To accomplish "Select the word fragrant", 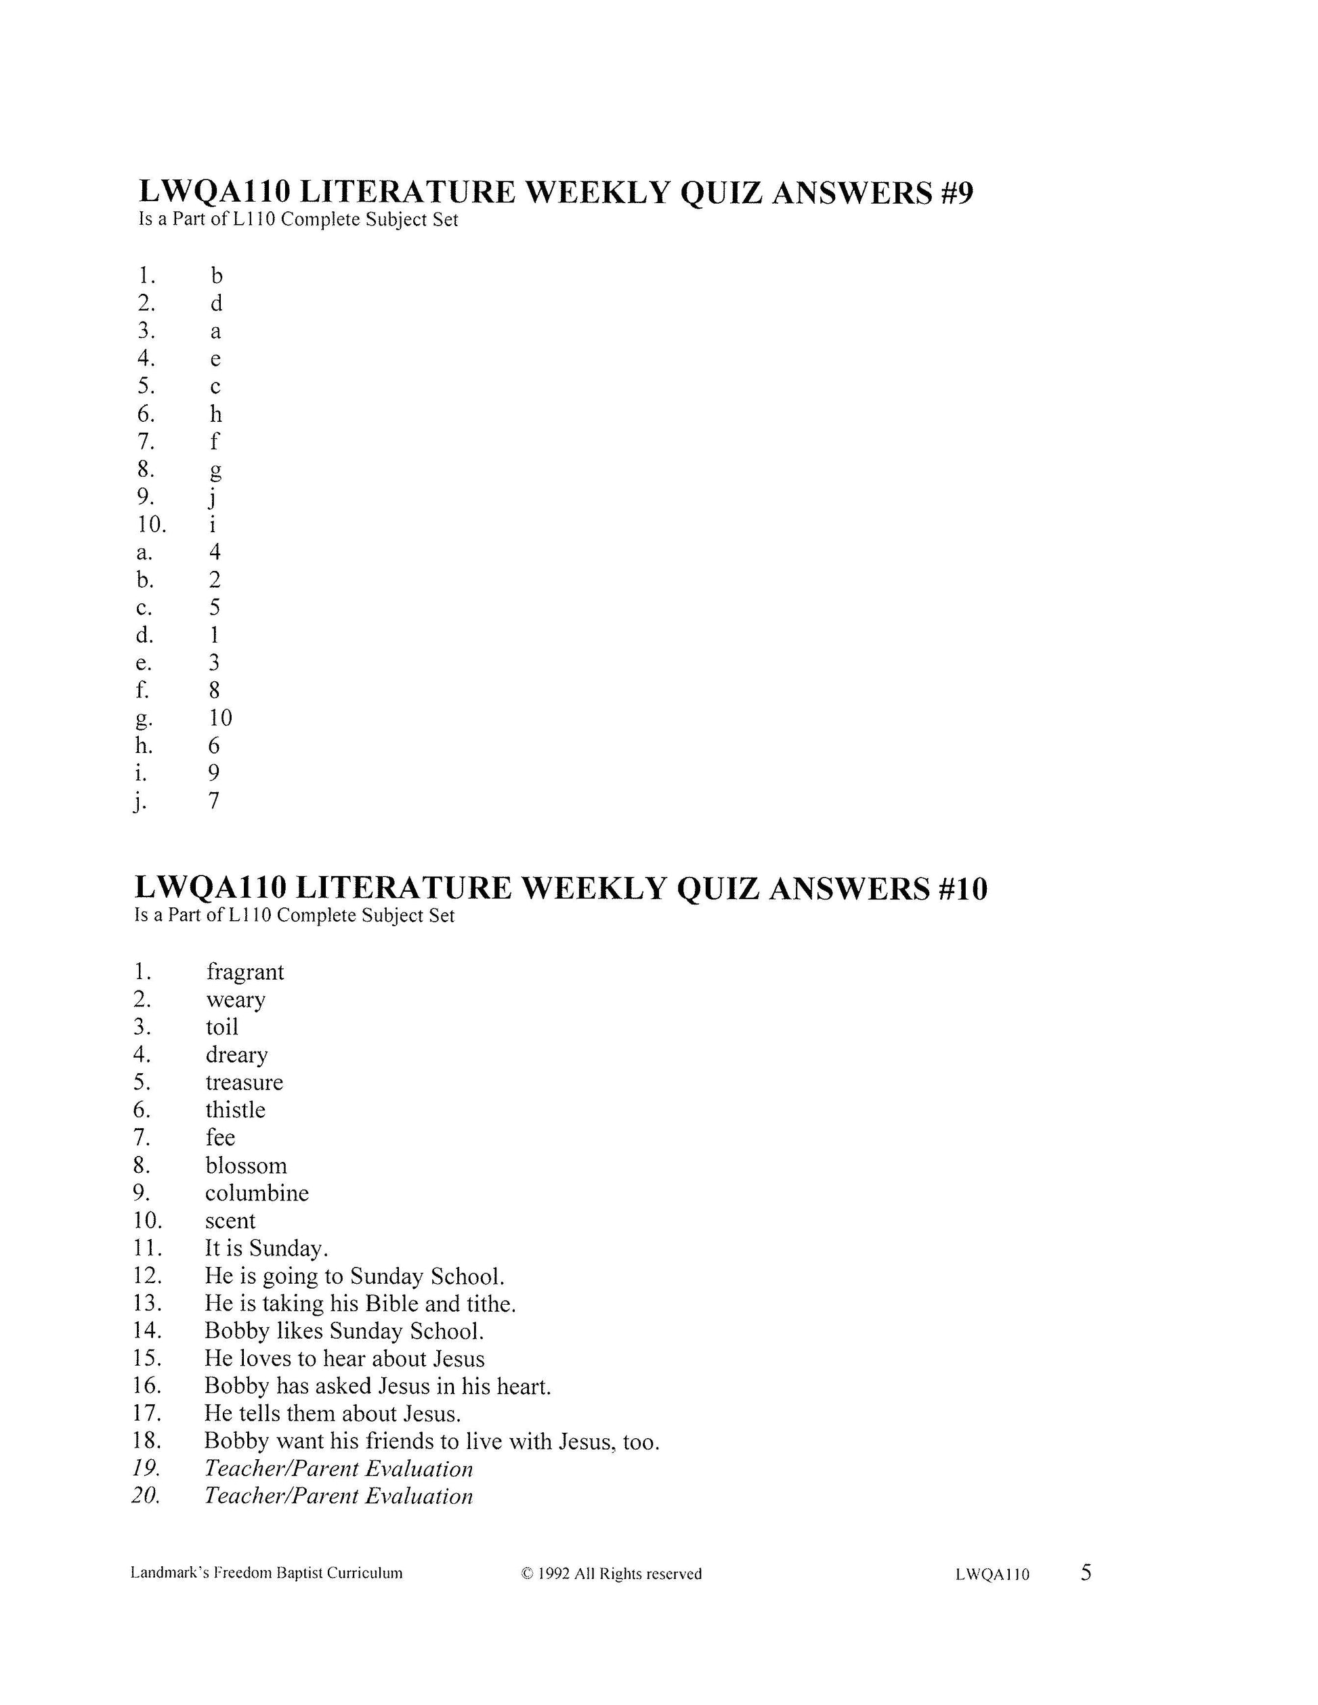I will pyautogui.click(x=245, y=972).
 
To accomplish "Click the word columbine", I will pyautogui.click(x=257, y=1193).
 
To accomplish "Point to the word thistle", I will pyautogui.click(x=235, y=1110).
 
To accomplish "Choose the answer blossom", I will pyautogui.click(x=246, y=1165).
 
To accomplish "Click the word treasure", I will pyautogui.click(x=244, y=1082).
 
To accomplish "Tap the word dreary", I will pyautogui.click(x=236, y=1055).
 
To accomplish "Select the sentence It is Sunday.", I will pyautogui.click(x=266, y=1249).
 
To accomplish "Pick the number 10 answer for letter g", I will pyautogui.click(x=220, y=718).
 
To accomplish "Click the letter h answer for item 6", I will pyautogui.click(x=215, y=414).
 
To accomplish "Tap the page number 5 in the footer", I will pyautogui.click(x=1086, y=1572).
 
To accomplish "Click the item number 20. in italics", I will pyautogui.click(x=147, y=1496).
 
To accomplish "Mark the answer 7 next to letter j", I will pyautogui.click(x=214, y=800).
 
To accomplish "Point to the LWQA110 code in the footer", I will pyautogui.click(x=992, y=1574).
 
